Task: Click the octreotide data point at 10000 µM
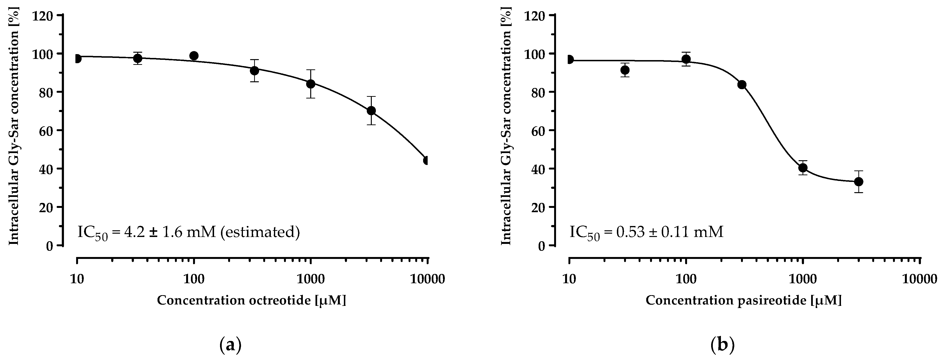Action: click(x=426, y=160)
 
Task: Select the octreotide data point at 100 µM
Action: click(x=194, y=56)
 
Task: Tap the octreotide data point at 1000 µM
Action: click(x=310, y=84)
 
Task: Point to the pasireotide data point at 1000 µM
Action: click(x=803, y=168)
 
